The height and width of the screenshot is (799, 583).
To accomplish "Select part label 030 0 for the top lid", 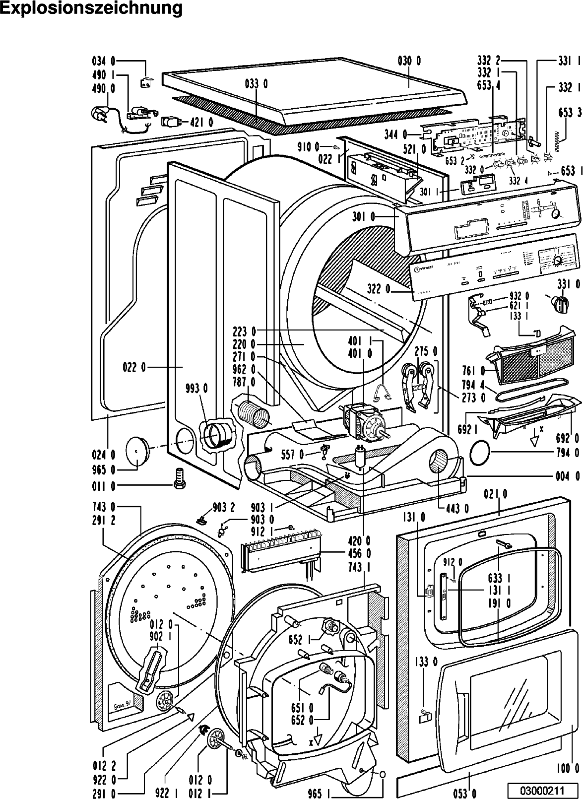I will point(409,61).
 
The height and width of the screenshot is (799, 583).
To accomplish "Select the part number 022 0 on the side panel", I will point(134,368).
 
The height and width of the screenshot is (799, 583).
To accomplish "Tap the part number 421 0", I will point(201,122).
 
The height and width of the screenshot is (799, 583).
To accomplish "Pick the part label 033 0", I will point(256,84).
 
